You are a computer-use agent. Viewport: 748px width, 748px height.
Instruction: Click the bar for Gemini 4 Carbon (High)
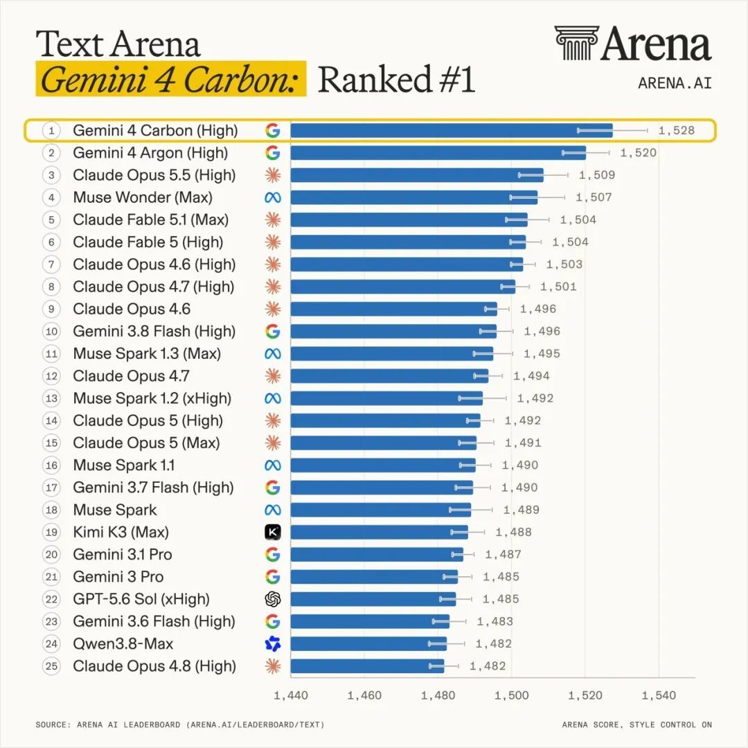tap(452, 130)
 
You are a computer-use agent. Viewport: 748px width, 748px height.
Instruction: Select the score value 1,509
tap(597, 175)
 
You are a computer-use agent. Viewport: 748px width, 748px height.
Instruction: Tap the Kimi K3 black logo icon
tap(273, 532)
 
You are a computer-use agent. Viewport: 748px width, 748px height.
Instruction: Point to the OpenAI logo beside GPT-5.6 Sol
tap(273, 599)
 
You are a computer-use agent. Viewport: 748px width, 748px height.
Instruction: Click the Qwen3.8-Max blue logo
tap(273, 643)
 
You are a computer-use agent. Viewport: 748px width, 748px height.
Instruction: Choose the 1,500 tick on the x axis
tap(511, 695)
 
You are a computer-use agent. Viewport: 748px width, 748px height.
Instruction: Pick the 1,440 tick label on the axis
tap(290, 695)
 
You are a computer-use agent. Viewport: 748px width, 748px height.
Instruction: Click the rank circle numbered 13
tap(51, 398)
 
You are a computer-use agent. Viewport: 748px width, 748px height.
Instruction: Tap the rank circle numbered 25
tap(51, 666)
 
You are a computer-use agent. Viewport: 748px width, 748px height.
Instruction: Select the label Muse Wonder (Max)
tap(143, 197)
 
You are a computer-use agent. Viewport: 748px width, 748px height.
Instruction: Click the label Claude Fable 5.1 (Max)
tap(151, 220)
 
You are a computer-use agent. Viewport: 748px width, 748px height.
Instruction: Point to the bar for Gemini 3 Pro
tap(374, 577)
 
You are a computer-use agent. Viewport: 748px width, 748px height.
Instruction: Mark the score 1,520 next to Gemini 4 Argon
tap(639, 152)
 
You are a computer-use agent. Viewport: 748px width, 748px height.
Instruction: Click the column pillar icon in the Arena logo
tap(576, 43)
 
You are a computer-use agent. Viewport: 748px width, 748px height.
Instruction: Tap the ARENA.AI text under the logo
tap(675, 83)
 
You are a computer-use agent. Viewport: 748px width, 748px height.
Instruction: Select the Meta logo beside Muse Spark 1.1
tap(273, 465)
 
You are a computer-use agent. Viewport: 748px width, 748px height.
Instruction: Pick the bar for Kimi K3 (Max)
tap(380, 532)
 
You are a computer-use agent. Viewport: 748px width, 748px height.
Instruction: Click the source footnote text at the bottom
tap(180, 724)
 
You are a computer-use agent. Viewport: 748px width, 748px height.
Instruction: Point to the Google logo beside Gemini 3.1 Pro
tap(273, 554)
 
